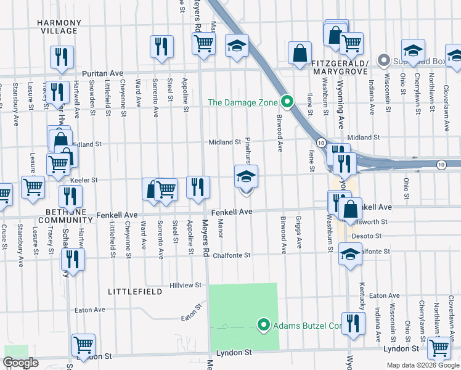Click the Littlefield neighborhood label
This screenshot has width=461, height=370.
coord(130,290)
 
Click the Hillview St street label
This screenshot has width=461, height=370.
coord(187,286)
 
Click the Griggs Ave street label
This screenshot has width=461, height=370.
coord(298,232)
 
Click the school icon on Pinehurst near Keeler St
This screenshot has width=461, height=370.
coord(246,178)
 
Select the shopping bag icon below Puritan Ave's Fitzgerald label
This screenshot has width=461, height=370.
coord(300,54)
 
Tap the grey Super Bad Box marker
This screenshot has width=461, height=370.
coord(384,60)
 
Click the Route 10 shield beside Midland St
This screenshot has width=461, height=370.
coord(321,142)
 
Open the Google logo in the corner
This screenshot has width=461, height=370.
coord(21,363)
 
